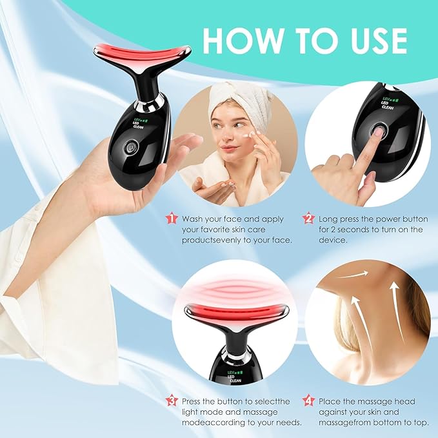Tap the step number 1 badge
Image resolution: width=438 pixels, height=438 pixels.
172,219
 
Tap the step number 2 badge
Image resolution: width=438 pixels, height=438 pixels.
308,219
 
